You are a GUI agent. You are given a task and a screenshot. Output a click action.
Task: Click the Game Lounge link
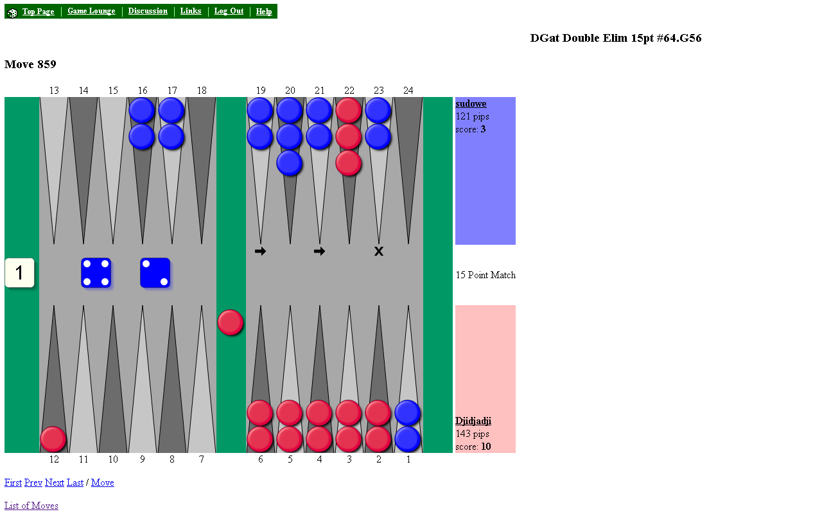pos(91,12)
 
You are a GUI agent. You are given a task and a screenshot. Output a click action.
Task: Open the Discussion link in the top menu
pos(148,12)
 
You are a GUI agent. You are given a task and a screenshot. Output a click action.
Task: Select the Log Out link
pos(229,12)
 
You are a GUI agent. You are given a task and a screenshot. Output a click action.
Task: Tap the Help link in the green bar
pos(264,12)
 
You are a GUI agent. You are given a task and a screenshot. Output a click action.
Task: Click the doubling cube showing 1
pos(19,273)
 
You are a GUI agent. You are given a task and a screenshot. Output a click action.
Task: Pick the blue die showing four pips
pos(96,273)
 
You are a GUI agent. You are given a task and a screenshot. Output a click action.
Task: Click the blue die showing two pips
pos(155,273)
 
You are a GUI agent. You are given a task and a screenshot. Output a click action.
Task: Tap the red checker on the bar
pos(231,323)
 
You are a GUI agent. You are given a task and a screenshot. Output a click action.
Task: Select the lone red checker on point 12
pos(53,439)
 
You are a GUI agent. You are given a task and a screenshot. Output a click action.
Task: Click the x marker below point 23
pos(379,251)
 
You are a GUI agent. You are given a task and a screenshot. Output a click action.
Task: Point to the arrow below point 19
pos(260,251)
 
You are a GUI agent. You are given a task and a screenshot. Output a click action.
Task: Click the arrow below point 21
pos(319,251)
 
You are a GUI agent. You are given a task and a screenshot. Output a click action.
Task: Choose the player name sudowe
pos(471,104)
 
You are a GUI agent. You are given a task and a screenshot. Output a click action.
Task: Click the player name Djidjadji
pos(473,421)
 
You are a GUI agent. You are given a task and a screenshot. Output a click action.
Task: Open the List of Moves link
pos(31,506)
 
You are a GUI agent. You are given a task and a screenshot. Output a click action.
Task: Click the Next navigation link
pos(54,483)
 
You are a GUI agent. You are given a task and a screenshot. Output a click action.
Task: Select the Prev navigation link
pos(33,483)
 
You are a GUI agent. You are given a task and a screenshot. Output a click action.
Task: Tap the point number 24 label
pos(408,91)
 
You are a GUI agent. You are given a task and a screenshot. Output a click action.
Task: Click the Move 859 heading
pos(30,64)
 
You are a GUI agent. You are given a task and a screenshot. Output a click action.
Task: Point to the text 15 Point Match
pos(485,275)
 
